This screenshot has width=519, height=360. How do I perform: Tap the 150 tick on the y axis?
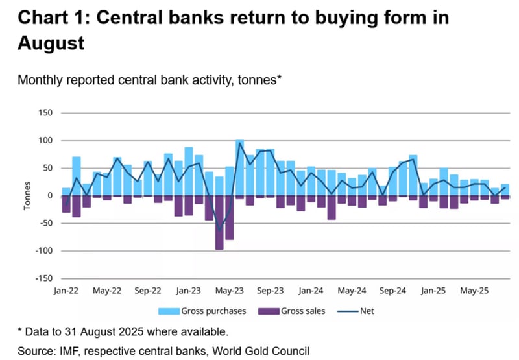tap(44, 113)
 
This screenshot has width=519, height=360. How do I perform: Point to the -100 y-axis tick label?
tap(42, 250)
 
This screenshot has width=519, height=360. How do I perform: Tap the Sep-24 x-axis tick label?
tap(393, 291)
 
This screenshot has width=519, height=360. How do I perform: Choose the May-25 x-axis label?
tap(474, 291)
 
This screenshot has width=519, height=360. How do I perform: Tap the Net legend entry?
tap(366, 311)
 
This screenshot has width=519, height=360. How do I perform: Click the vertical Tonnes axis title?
tap(27, 195)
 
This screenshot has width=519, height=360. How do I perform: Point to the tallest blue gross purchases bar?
tap(239, 167)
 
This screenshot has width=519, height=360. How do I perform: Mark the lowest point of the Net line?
tap(219, 229)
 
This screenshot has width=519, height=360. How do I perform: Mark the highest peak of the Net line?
tap(239, 143)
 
